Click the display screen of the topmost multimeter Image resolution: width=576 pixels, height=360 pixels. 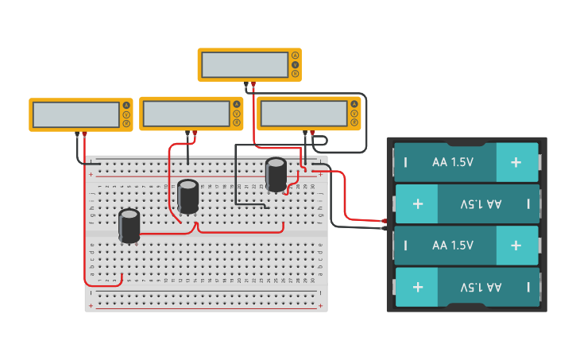(x=244, y=65)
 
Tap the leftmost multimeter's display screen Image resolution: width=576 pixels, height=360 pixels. (x=76, y=114)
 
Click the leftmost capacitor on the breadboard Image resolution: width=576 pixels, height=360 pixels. (x=130, y=225)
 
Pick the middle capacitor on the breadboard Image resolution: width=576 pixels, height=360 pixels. (x=188, y=195)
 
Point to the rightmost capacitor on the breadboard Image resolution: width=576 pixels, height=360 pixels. (x=276, y=174)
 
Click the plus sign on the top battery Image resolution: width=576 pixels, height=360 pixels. (x=516, y=162)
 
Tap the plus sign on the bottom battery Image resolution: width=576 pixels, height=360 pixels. (x=418, y=287)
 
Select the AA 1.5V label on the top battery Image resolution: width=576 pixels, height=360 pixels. (x=453, y=162)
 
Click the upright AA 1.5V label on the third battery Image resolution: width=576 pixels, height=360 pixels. (x=453, y=246)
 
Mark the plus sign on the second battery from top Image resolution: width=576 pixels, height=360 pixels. (x=418, y=203)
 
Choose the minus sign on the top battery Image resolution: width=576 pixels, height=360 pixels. (x=405, y=162)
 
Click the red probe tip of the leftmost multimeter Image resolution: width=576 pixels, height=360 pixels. (x=85, y=134)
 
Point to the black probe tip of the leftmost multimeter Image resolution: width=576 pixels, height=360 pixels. (x=77, y=134)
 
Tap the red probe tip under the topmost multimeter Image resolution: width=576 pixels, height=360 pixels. (x=253, y=83)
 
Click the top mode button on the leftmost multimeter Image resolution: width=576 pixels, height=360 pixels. (x=126, y=106)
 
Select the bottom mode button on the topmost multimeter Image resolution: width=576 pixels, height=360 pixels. (x=295, y=74)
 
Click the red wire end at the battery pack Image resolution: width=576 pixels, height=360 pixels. (x=385, y=221)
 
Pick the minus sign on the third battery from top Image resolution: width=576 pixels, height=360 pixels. (x=405, y=246)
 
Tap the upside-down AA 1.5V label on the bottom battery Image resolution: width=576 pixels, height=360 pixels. (x=481, y=287)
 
